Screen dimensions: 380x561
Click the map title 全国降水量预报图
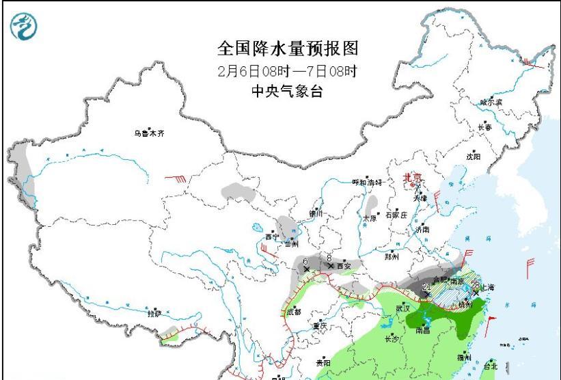click(287, 49)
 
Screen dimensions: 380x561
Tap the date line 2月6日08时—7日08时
click(287, 70)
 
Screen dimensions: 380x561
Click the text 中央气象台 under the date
click(287, 92)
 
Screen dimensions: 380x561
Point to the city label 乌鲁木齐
click(149, 133)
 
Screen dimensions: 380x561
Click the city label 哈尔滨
click(491, 102)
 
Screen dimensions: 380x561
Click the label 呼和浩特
click(367, 182)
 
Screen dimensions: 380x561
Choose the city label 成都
click(294, 312)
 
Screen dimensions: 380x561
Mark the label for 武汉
click(404, 308)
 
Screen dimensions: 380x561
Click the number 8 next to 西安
click(329, 258)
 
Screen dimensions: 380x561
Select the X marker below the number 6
click(306, 269)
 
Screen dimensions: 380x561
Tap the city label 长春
click(484, 127)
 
